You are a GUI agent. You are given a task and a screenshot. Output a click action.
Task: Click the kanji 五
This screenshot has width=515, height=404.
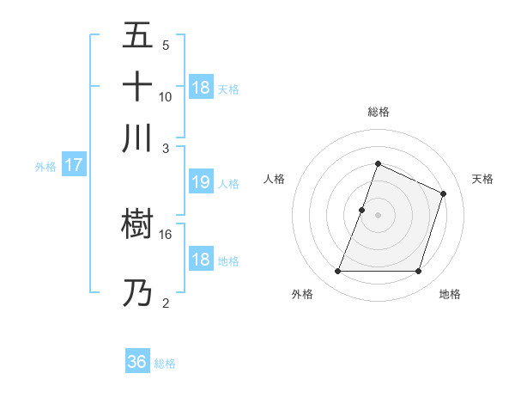pos(138,37)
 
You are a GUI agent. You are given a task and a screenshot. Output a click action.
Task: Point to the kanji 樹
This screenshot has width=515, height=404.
pos(138,225)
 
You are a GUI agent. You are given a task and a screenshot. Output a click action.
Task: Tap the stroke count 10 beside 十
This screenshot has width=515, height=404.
pos(166,96)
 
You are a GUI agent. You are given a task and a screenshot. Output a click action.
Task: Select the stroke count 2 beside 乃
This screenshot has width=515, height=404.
pos(166,303)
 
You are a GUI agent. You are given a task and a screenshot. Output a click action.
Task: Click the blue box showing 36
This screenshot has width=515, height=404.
pos(137,362)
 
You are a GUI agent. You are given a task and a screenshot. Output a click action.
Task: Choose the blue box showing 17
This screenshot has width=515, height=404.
pos(74,165)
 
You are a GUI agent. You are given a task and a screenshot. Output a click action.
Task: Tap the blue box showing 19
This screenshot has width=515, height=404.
pos(200,182)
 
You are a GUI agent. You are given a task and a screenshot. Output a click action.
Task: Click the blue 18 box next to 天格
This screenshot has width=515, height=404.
pos(201,88)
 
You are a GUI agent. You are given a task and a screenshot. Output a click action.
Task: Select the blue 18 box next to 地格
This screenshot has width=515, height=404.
pos(200,260)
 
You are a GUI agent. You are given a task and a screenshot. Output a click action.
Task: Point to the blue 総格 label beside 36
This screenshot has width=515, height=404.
pos(165,364)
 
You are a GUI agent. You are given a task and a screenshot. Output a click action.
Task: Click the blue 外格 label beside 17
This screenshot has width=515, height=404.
pos(45,167)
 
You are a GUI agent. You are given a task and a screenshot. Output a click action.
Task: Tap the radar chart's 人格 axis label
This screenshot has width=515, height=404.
pos(275,179)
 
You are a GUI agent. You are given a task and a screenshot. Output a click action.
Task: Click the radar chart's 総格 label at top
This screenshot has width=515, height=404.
pos(378,112)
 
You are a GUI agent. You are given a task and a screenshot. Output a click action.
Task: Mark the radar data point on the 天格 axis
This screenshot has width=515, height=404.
pos(444,193)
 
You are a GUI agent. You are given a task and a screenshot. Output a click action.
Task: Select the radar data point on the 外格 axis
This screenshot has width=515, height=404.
pos(337,272)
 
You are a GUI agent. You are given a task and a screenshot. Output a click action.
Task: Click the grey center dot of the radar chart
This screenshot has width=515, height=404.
pos(378,215)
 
